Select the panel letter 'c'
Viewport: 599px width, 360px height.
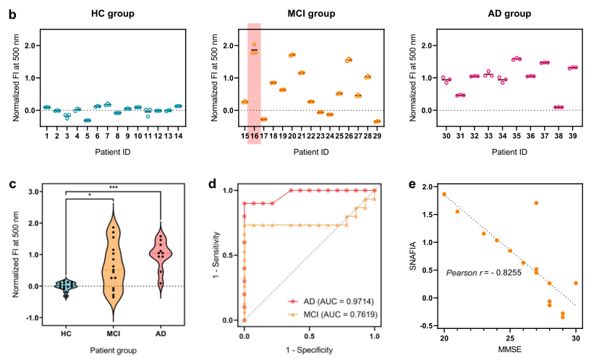click(12, 185)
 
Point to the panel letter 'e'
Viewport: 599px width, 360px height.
click(412, 185)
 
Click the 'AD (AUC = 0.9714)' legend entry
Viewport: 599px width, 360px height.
click(323, 300)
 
